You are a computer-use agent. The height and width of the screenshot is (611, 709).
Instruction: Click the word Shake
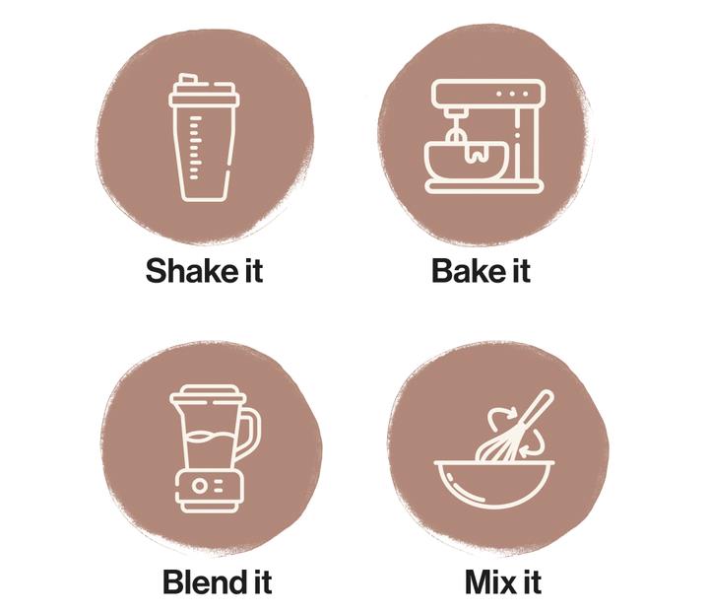tap(188, 271)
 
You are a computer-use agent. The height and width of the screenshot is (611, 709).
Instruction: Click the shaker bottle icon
tap(205, 137)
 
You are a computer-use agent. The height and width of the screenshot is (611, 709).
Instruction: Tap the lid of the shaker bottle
tap(205, 92)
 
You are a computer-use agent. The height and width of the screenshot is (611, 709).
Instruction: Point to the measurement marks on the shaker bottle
tap(195, 147)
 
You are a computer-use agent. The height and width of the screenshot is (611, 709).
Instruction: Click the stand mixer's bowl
tap(467, 162)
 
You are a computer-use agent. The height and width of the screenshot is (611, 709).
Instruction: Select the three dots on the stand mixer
tap(512, 95)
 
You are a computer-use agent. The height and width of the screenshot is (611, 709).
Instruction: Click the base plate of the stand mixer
tap(484, 187)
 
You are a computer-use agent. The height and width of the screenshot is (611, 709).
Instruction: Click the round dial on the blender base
tap(199, 486)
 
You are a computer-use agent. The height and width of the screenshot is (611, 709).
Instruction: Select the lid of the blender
tap(208, 394)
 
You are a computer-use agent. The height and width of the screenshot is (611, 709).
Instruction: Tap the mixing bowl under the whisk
tap(494, 483)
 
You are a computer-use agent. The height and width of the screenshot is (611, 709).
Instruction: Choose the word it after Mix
tap(530, 581)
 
